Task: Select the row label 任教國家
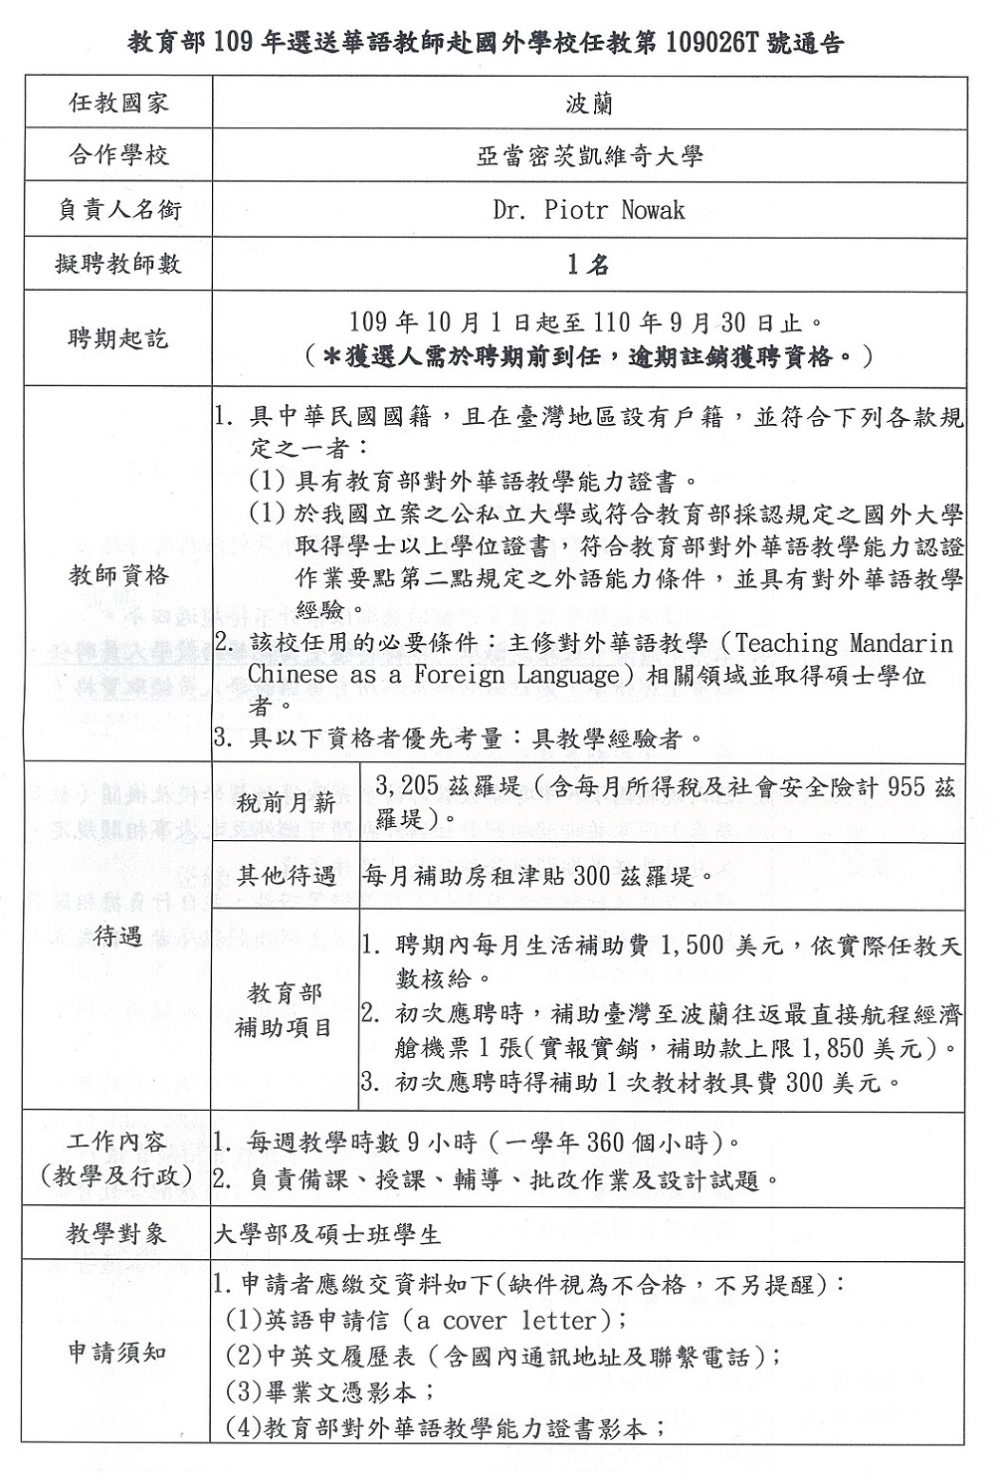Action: pos(118,103)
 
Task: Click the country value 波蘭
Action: pos(589,103)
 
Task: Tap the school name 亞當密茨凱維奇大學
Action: pos(589,155)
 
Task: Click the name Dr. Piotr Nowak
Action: pos(589,209)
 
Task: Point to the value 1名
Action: pos(589,264)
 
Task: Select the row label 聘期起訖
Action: pos(118,338)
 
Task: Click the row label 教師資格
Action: pos(118,575)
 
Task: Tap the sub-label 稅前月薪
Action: pos(286,802)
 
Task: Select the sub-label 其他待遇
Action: pos(286,876)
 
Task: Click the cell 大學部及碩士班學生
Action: pos(327,1235)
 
